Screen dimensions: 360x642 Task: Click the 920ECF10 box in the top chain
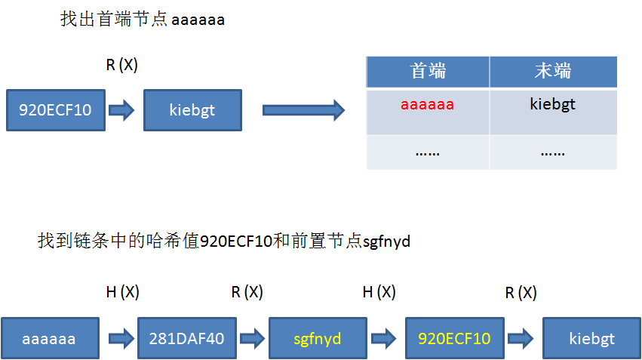54,111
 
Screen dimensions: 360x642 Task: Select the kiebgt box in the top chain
192,111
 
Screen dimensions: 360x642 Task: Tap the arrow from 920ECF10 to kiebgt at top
121,111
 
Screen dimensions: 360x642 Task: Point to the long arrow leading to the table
303,111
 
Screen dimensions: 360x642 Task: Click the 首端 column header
428,72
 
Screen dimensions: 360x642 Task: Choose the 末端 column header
553,72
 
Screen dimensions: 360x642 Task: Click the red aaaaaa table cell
428,104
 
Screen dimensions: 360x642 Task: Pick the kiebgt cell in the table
553,104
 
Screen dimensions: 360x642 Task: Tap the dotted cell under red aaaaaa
428,152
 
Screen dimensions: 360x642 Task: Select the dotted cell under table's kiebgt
553,152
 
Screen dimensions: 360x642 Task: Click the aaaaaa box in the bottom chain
49,339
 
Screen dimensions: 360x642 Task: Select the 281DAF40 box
185,339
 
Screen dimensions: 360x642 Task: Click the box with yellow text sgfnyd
318,339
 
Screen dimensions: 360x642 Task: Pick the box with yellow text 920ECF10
454,339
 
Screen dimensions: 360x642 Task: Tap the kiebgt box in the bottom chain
591,339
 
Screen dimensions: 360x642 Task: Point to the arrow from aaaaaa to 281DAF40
119,339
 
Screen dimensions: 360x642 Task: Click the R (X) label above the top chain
121,66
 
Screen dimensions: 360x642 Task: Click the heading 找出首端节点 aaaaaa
143,20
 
